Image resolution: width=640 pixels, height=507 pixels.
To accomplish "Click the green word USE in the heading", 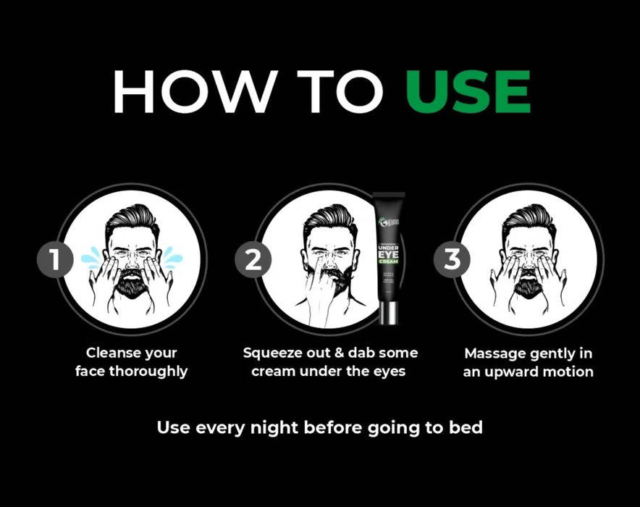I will (468, 93).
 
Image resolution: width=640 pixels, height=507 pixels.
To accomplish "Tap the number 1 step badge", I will (55, 260).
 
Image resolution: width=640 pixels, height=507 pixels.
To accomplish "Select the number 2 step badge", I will (253, 260).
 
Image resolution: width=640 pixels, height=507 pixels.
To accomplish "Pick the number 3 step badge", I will (452, 260).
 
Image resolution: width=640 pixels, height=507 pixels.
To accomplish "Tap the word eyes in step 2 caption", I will (387, 372).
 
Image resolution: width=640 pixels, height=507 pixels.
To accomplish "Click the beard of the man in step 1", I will (132, 283).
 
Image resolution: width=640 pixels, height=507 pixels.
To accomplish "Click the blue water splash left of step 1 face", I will (92, 256).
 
